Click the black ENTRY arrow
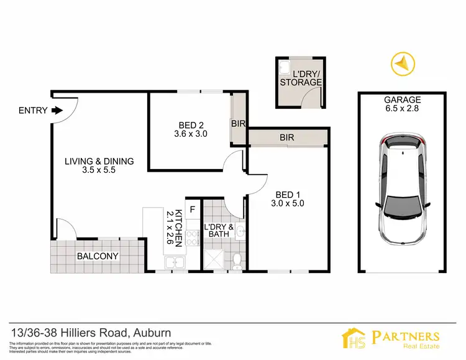point(57,111)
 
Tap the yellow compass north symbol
point(400,63)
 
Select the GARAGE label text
point(402,99)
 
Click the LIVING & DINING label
point(99,162)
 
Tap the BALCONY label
point(98,256)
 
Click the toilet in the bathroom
point(235,261)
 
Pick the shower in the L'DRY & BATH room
point(215,257)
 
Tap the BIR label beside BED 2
point(239,124)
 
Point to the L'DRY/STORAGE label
point(301,78)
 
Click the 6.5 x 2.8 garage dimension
point(402,109)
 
